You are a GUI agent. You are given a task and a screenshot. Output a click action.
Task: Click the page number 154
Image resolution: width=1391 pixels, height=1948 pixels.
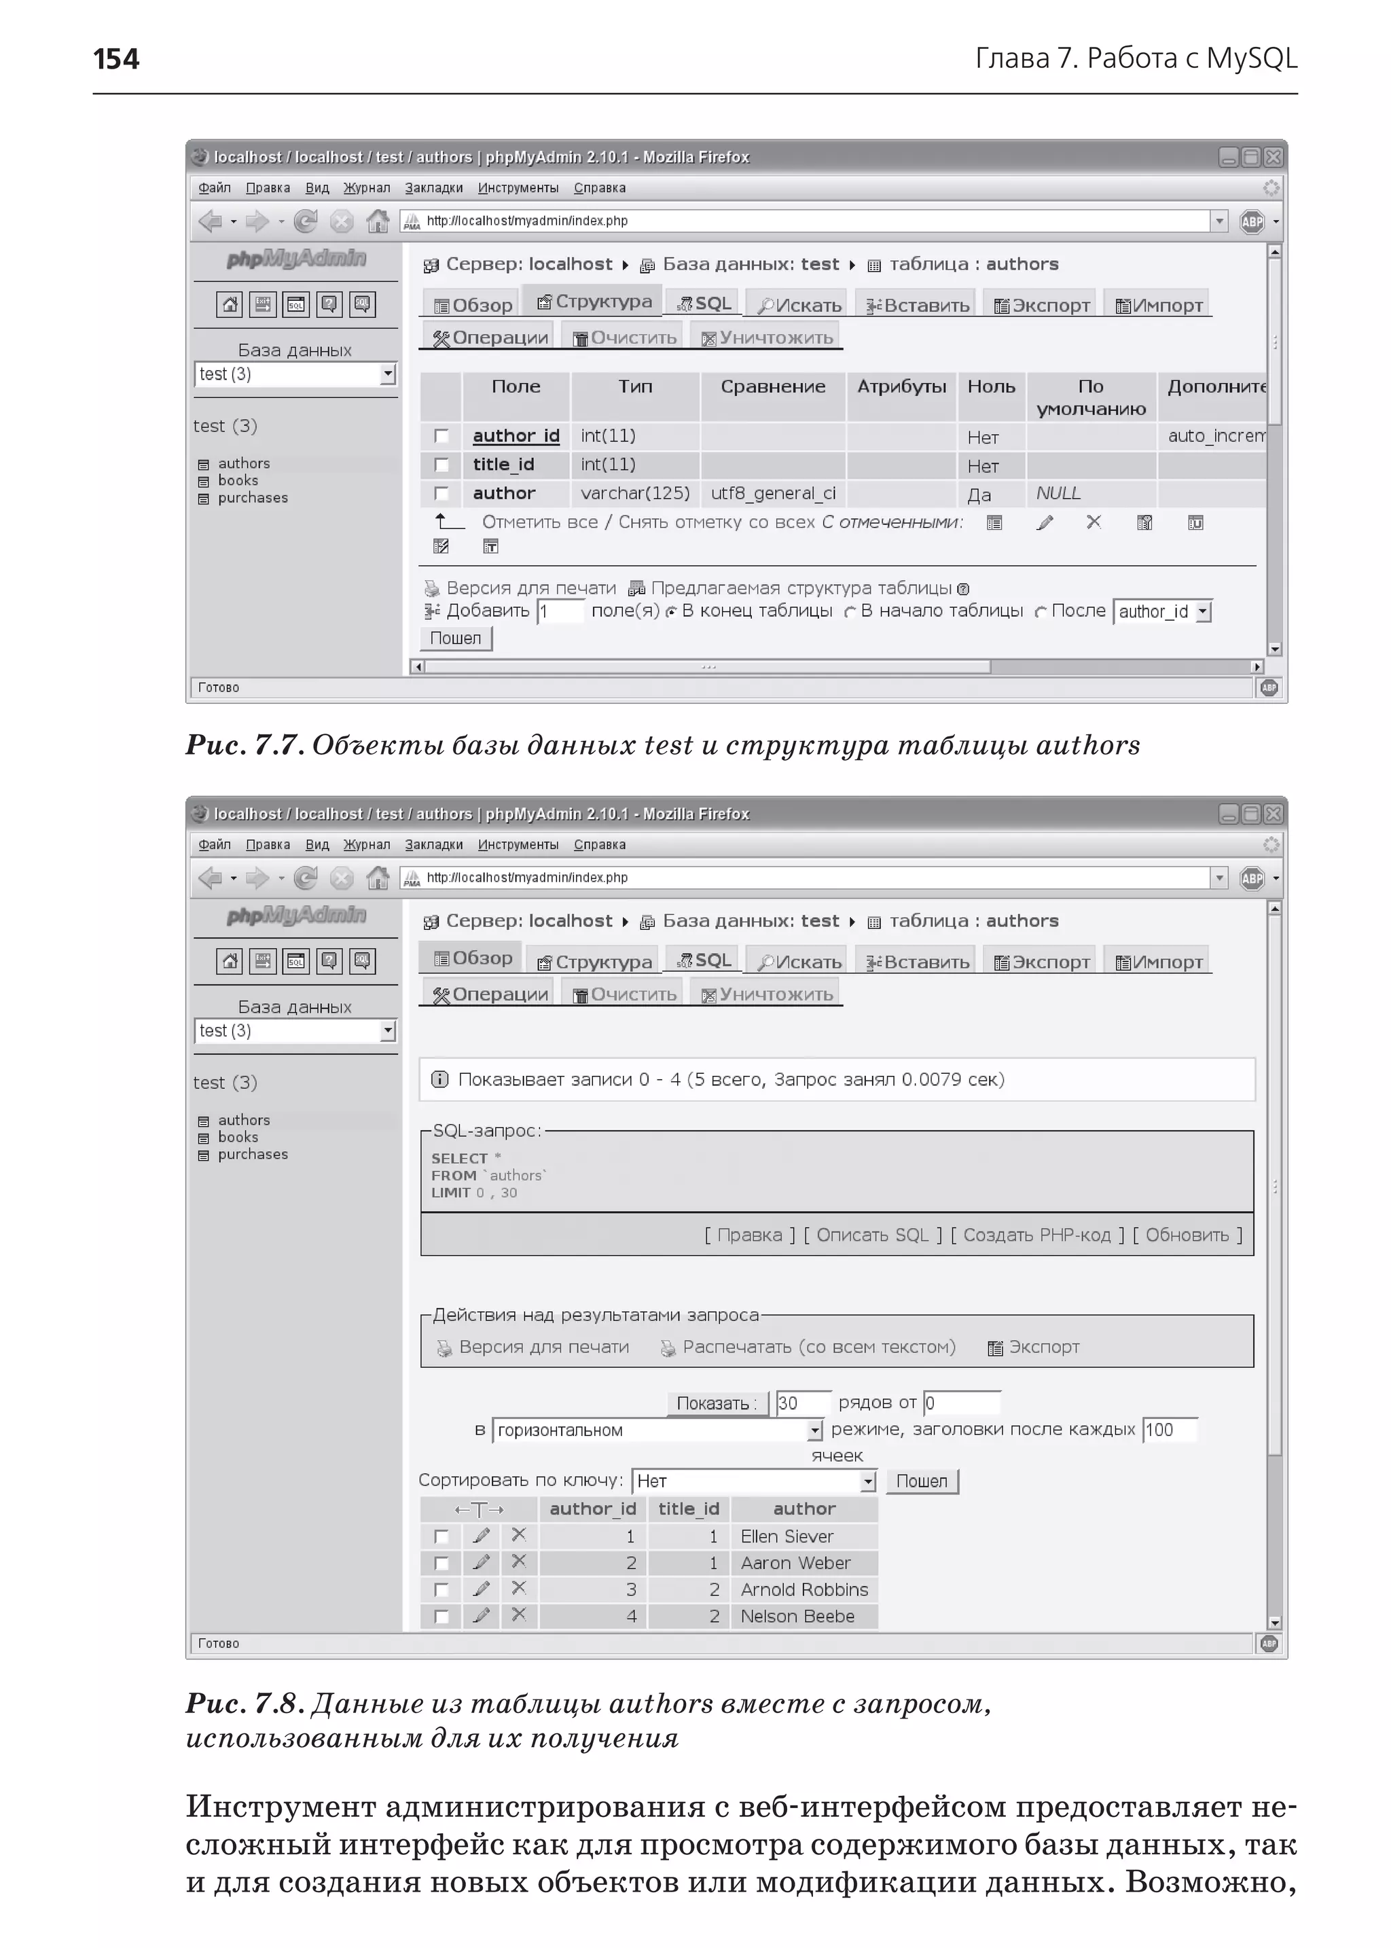[115, 59]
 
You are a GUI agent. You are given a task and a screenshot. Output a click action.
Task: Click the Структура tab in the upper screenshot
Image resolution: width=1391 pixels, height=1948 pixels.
[595, 302]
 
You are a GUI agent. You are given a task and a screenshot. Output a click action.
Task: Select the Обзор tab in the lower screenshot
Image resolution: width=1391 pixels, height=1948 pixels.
[473, 958]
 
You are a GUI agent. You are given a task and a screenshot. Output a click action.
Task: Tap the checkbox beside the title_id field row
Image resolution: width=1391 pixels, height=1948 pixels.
[441, 465]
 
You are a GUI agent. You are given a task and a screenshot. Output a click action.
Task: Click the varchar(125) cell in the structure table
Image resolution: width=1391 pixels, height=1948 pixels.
[634, 493]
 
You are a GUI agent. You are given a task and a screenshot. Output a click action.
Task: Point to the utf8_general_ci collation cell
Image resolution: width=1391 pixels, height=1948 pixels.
[772, 493]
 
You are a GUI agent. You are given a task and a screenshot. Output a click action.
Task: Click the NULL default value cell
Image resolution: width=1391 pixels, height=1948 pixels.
[1059, 493]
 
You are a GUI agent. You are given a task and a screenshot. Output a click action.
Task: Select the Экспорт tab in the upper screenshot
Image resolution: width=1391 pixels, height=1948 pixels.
[1041, 306]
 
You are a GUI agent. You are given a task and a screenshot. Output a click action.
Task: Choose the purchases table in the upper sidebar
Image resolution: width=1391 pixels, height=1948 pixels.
[252, 498]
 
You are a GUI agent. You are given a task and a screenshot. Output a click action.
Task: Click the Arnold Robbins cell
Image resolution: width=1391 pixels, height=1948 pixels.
[803, 1590]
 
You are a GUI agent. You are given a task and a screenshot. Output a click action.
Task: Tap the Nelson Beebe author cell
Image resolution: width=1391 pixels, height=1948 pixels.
[797, 1617]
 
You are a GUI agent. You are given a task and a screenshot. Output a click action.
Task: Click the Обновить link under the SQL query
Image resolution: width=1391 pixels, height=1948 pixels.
[1187, 1235]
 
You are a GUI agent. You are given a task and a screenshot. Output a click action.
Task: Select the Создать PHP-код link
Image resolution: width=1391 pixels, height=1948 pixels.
[1036, 1235]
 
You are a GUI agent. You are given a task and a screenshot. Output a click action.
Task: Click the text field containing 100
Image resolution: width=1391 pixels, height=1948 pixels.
[1168, 1430]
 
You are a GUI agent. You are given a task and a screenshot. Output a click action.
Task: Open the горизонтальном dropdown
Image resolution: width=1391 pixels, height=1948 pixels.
[657, 1430]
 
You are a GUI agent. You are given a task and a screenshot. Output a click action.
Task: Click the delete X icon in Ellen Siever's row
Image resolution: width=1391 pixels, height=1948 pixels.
[518, 1535]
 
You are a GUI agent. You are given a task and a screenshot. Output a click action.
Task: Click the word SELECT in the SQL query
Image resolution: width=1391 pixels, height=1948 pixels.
[459, 1158]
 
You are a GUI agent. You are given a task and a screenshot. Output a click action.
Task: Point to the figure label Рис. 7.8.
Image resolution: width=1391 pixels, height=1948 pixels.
[244, 1704]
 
